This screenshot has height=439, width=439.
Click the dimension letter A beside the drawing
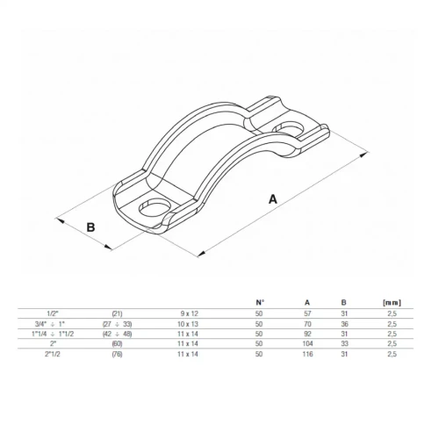pos(273,199)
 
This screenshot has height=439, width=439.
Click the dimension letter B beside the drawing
pos(91,227)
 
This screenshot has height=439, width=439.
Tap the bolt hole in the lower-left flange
pos(155,208)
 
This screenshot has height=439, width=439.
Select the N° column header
pos(259,303)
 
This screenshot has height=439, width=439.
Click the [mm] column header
pos(392,303)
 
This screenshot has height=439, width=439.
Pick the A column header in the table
pos(307,303)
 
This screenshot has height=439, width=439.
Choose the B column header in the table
pos(344,303)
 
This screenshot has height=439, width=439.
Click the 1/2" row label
pos(53,313)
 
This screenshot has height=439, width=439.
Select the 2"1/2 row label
pos(53,354)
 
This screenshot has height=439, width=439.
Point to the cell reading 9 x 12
pos(190,313)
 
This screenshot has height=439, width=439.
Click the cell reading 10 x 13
pos(188,324)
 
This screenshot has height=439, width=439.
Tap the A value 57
pos(307,313)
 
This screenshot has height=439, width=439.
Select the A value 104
pos(307,343)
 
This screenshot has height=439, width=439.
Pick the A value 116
pos(307,354)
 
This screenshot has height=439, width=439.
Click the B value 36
pos(344,324)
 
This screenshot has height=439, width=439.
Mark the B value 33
pos(344,343)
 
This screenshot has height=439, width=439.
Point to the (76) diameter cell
pos(117,354)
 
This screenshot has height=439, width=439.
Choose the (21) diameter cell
pos(117,313)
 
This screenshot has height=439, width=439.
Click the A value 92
pos(307,334)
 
